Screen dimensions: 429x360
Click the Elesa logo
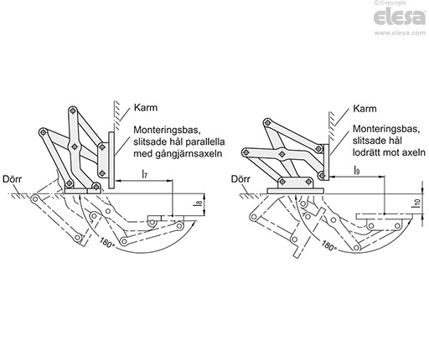[400, 18]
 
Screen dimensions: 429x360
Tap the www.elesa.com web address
[400, 33]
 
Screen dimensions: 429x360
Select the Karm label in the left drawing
[146, 107]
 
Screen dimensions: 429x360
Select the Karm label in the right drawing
[364, 108]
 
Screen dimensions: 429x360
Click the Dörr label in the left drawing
[12, 179]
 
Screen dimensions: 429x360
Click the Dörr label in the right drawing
[240, 179]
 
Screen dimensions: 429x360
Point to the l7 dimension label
[144, 174]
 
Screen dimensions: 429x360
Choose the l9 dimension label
[357, 170]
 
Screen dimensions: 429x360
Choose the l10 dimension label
[416, 202]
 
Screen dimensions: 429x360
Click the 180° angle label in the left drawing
[106, 242]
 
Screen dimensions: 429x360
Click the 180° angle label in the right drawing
[329, 245]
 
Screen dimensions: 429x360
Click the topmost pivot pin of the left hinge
[73, 111]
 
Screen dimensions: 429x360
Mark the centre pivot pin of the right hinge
[282, 153]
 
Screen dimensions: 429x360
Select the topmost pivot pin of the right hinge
[268, 122]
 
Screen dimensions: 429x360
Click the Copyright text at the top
[390, 3]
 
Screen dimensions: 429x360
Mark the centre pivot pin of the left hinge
[75, 147]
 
